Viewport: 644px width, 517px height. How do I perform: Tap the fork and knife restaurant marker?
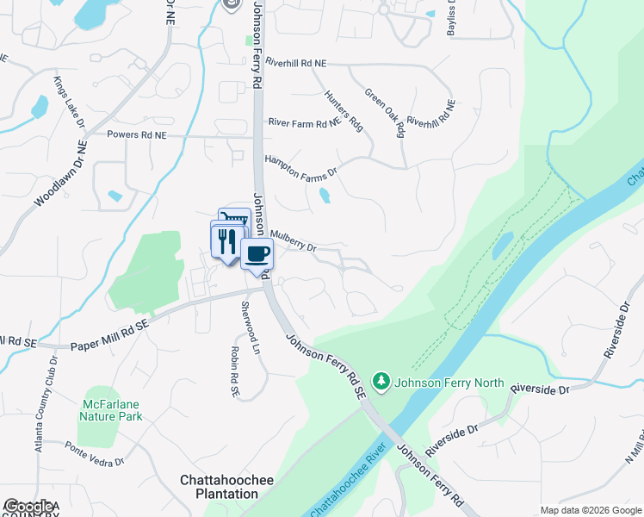point(227,240)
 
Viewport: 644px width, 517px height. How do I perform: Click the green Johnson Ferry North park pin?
point(381,380)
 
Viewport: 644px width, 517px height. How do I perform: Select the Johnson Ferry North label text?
point(440,380)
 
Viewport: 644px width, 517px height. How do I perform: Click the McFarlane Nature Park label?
point(112,410)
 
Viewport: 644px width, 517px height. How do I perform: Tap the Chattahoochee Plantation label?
point(219,487)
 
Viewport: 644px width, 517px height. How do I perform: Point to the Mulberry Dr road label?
point(294,240)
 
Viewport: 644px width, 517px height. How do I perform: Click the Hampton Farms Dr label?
point(302,164)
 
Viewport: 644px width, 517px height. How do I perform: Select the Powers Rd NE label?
point(136,134)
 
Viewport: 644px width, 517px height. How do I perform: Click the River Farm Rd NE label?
point(304,123)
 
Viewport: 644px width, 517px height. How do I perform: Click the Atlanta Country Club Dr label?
point(40,397)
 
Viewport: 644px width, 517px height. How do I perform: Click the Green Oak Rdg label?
point(384,112)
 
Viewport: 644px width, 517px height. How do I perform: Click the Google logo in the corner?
point(30,507)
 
